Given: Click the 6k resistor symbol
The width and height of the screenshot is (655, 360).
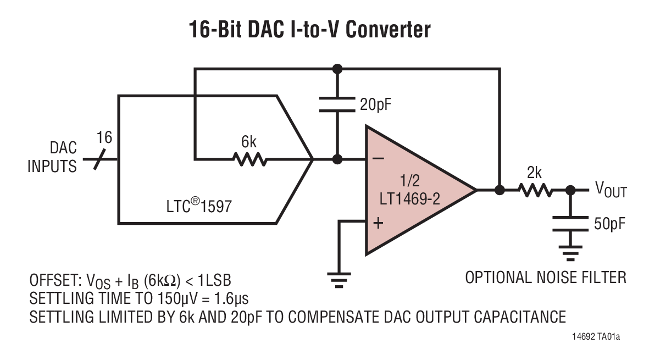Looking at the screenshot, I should click(x=249, y=160).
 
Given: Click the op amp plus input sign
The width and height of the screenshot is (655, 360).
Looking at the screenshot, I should click(x=378, y=222).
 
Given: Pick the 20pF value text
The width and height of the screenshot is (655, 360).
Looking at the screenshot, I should click(x=376, y=104).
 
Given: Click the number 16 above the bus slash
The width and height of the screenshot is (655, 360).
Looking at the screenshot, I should click(x=104, y=137).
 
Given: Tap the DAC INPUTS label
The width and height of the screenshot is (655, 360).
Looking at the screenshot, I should click(x=52, y=157).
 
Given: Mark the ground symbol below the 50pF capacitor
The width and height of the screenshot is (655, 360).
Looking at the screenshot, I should click(x=570, y=253).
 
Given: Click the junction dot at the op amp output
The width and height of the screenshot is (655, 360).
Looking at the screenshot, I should click(x=499, y=190).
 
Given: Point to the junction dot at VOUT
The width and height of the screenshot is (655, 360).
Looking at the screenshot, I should click(x=570, y=190).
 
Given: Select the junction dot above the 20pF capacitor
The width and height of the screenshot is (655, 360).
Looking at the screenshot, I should click(x=337, y=69).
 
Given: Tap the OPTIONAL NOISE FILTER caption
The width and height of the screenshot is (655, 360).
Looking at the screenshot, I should click(x=546, y=277).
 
